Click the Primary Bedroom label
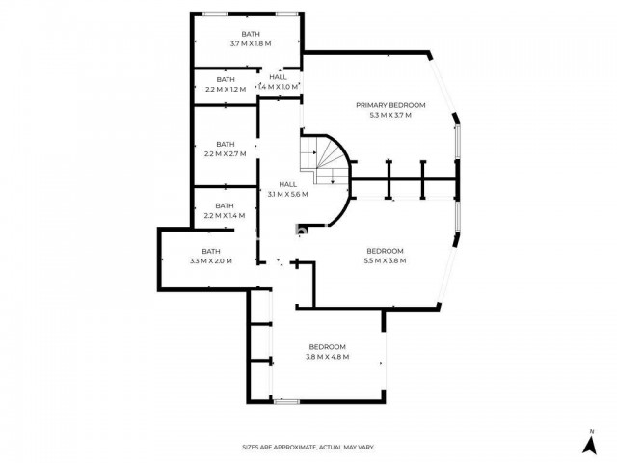(x=390, y=105)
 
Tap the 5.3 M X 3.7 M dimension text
(x=390, y=116)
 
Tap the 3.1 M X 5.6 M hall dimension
(x=288, y=195)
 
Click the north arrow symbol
(x=589, y=445)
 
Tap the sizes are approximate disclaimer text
(x=308, y=448)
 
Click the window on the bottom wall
(x=286, y=401)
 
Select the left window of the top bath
(x=215, y=14)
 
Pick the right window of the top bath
(x=287, y=14)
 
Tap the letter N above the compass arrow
(x=591, y=432)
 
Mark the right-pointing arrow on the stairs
(x=313, y=152)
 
